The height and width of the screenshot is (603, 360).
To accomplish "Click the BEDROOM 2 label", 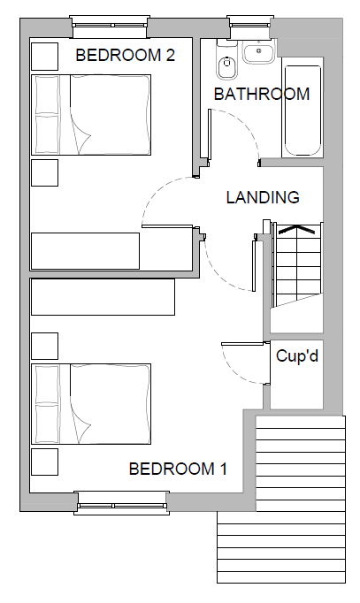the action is pos(125,55).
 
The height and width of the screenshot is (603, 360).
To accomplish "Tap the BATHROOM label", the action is pos(262,95).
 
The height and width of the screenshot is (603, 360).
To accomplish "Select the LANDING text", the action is pos(263,197).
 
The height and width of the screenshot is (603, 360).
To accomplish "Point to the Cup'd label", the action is pos(297,355).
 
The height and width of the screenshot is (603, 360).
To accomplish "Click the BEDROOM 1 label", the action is pos(178,469).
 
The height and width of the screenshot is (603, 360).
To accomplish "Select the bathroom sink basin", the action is pos(258,53).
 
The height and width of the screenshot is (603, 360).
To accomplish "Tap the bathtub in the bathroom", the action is pos(303,111).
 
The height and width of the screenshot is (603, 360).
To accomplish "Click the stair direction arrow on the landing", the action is pos(296,229).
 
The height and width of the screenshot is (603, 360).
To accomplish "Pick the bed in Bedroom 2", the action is pos(91,115).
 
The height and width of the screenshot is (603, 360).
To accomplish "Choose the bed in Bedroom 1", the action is pos(91,403).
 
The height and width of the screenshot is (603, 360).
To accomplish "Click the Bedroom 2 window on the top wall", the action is pos(109,26).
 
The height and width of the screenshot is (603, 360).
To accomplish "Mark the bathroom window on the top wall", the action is pos(250,26).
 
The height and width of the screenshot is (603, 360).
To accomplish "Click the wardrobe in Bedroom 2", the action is pos(85,251).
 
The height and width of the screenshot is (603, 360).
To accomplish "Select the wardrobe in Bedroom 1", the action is pos(103,297).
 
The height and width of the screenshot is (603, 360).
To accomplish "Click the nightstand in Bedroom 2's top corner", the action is pos(44,57).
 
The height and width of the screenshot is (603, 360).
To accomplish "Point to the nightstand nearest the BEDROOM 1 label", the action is pos(44,462).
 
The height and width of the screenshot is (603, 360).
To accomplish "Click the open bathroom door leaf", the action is pos(210,134).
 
